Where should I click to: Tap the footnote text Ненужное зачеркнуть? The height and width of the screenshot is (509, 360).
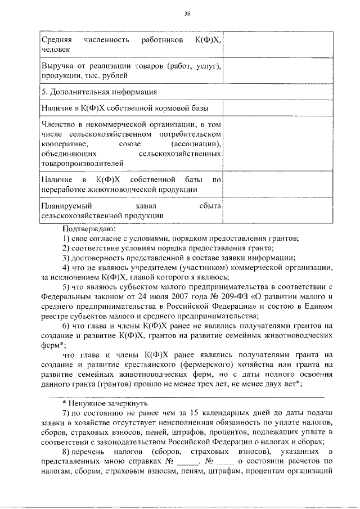point(107,403)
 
